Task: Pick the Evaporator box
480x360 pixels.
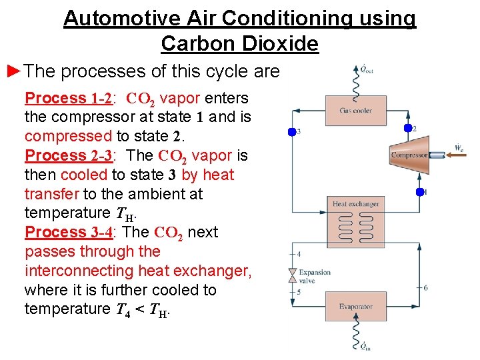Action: click(x=355, y=307)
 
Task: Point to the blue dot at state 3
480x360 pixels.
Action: click(x=291, y=132)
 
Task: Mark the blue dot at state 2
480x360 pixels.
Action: click(x=408, y=128)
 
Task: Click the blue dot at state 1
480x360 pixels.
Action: click(x=419, y=192)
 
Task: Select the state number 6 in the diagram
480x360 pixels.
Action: click(x=426, y=287)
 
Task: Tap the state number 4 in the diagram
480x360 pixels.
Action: click(x=298, y=254)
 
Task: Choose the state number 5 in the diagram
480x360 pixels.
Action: click(x=298, y=292)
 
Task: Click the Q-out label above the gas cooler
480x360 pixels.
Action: click(x=366, y=69)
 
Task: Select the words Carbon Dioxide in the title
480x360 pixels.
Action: click(x=240, y=44)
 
